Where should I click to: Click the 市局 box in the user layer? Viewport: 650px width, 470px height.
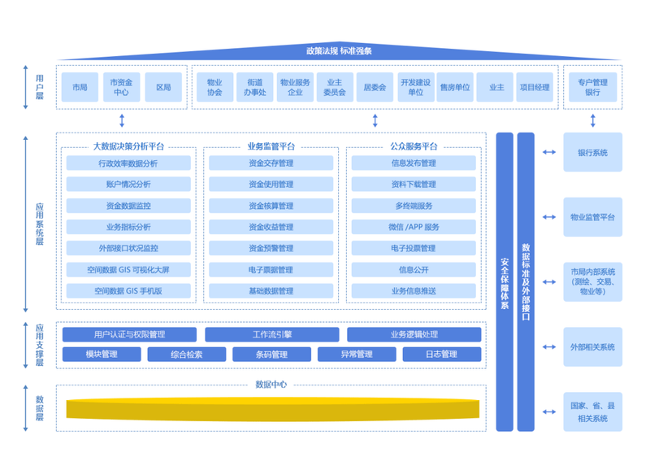79,87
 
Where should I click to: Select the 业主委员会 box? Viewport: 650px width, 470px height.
335,87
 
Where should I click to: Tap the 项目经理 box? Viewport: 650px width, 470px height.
535,87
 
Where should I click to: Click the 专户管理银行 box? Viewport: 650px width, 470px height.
592,87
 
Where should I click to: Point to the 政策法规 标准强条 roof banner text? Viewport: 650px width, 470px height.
340,51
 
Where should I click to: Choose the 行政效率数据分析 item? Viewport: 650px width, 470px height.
128,163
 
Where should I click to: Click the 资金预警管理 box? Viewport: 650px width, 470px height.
271,248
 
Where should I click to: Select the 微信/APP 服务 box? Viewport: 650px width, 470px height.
414,227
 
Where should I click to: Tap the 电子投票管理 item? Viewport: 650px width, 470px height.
414,248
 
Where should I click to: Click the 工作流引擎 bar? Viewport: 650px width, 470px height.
271,334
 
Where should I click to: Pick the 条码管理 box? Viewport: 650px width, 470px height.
271,354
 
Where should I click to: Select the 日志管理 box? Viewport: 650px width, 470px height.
441,354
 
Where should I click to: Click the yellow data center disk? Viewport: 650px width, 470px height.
273,409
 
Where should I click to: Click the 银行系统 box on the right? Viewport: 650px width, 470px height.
592,152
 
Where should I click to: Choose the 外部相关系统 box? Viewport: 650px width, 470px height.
592,347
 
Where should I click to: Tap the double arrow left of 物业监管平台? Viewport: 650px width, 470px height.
549,217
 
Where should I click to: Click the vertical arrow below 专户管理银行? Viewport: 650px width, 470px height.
592,120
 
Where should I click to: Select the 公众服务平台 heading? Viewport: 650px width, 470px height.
414,146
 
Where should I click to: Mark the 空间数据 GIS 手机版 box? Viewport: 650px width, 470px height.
128,290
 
